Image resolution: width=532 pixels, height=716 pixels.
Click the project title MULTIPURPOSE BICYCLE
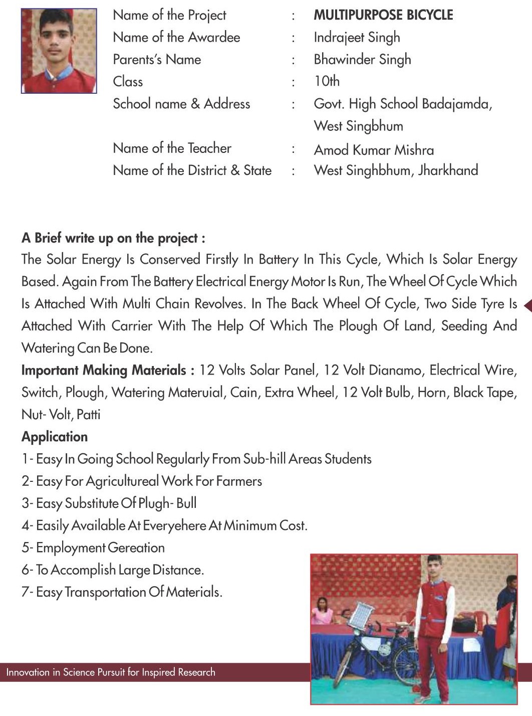383,15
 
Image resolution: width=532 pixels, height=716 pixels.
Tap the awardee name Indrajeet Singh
357,38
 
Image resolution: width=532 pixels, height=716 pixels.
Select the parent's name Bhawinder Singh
362,60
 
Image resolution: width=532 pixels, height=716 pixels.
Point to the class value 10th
327,81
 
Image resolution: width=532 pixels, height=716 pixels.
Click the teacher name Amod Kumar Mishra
374,150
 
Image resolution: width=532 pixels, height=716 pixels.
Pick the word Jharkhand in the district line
448,170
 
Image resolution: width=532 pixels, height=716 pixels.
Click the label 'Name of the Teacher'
172,148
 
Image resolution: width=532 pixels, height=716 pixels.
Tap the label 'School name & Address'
181,104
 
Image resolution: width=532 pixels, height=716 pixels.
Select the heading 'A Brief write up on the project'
113,238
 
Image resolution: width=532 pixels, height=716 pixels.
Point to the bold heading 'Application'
55,437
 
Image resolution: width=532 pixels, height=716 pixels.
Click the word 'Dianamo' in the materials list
391,371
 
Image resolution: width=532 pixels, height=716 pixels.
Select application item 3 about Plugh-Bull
109,503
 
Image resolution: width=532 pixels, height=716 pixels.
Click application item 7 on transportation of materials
122,592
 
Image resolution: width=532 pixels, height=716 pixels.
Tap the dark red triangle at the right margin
527,305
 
